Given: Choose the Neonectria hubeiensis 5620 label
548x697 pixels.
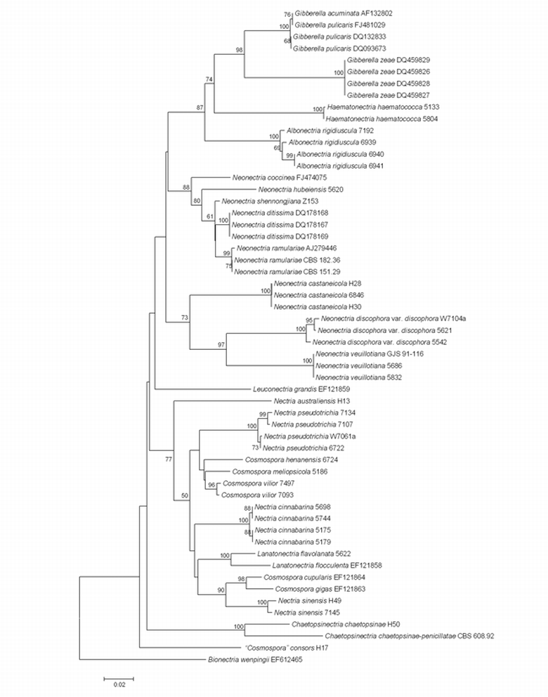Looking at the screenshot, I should pyautogui.click(x=300, y=190).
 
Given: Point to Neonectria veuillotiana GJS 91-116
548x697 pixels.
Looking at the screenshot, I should pyautogui.click(x=365, y=354).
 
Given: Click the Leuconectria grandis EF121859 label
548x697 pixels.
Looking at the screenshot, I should pyautogui.click(x=296, y=389).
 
